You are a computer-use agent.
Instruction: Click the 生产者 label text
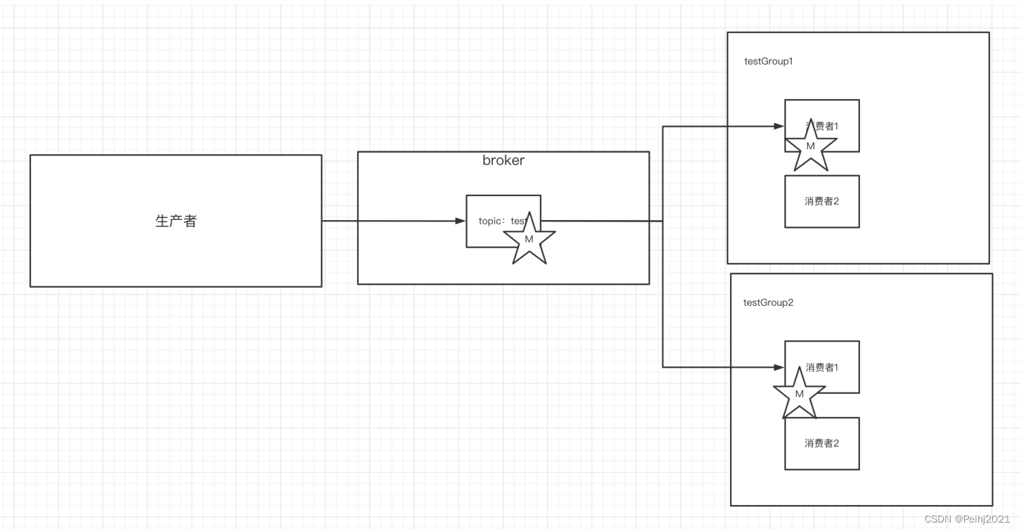176,221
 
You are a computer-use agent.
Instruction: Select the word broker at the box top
503,160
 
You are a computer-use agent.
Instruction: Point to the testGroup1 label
769,61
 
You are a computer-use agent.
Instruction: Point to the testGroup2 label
768,302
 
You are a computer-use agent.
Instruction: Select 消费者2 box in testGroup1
822,201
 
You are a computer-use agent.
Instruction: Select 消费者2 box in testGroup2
822,443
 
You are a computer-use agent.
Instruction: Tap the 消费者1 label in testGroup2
823,367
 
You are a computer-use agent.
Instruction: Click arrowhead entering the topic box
461,221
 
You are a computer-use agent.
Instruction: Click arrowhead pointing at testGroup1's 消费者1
779,127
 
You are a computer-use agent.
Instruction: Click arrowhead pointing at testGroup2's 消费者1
779,367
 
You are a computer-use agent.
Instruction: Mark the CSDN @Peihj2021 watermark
967,519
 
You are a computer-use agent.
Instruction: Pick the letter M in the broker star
529,239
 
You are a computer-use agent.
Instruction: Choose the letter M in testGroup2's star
799,395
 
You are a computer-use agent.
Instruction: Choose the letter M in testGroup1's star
810,146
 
